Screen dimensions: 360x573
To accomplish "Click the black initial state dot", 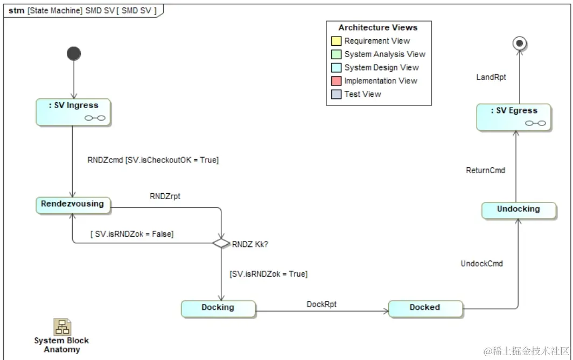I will coord(73,53).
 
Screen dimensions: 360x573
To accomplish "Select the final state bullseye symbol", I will coord(519,44).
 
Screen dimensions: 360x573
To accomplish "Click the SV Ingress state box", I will coord(73,112).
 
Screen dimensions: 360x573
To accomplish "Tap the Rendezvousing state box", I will coord(73,204).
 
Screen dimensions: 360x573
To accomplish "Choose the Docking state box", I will coord(218,308).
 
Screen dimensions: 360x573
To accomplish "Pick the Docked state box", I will coord(425,308).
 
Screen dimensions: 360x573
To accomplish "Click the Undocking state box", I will coord(518,209).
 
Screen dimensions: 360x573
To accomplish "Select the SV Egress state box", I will coord(514,117).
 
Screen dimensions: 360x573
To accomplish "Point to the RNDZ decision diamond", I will coord(221,243).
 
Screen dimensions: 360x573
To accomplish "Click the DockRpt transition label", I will coord(322,304).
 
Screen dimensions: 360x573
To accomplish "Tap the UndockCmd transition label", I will coord(481,264).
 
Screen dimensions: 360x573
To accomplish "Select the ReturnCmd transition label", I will coord(485,171).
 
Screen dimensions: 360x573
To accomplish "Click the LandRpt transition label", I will coord(491,77).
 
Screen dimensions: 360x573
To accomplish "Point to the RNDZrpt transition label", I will coord(165,196).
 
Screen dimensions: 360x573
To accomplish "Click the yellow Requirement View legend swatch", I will coord(336,41).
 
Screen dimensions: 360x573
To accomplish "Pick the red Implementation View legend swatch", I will coord(336,81).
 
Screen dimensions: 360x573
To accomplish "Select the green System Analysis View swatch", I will coord(336,54).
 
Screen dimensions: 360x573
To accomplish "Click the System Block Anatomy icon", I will coord(62,327).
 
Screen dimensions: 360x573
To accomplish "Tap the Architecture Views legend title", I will coord(378,27).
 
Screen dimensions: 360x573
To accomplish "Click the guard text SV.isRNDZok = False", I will coord(131,234).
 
